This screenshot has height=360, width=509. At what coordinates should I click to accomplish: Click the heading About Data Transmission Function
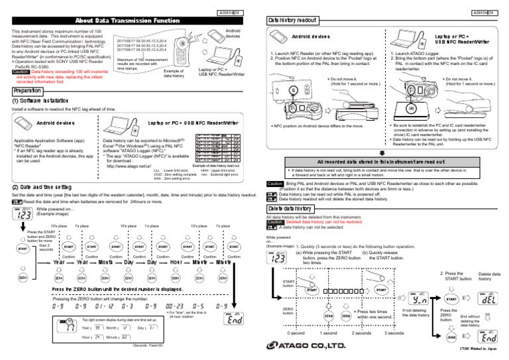pyautogui.click(x=127, y=20)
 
